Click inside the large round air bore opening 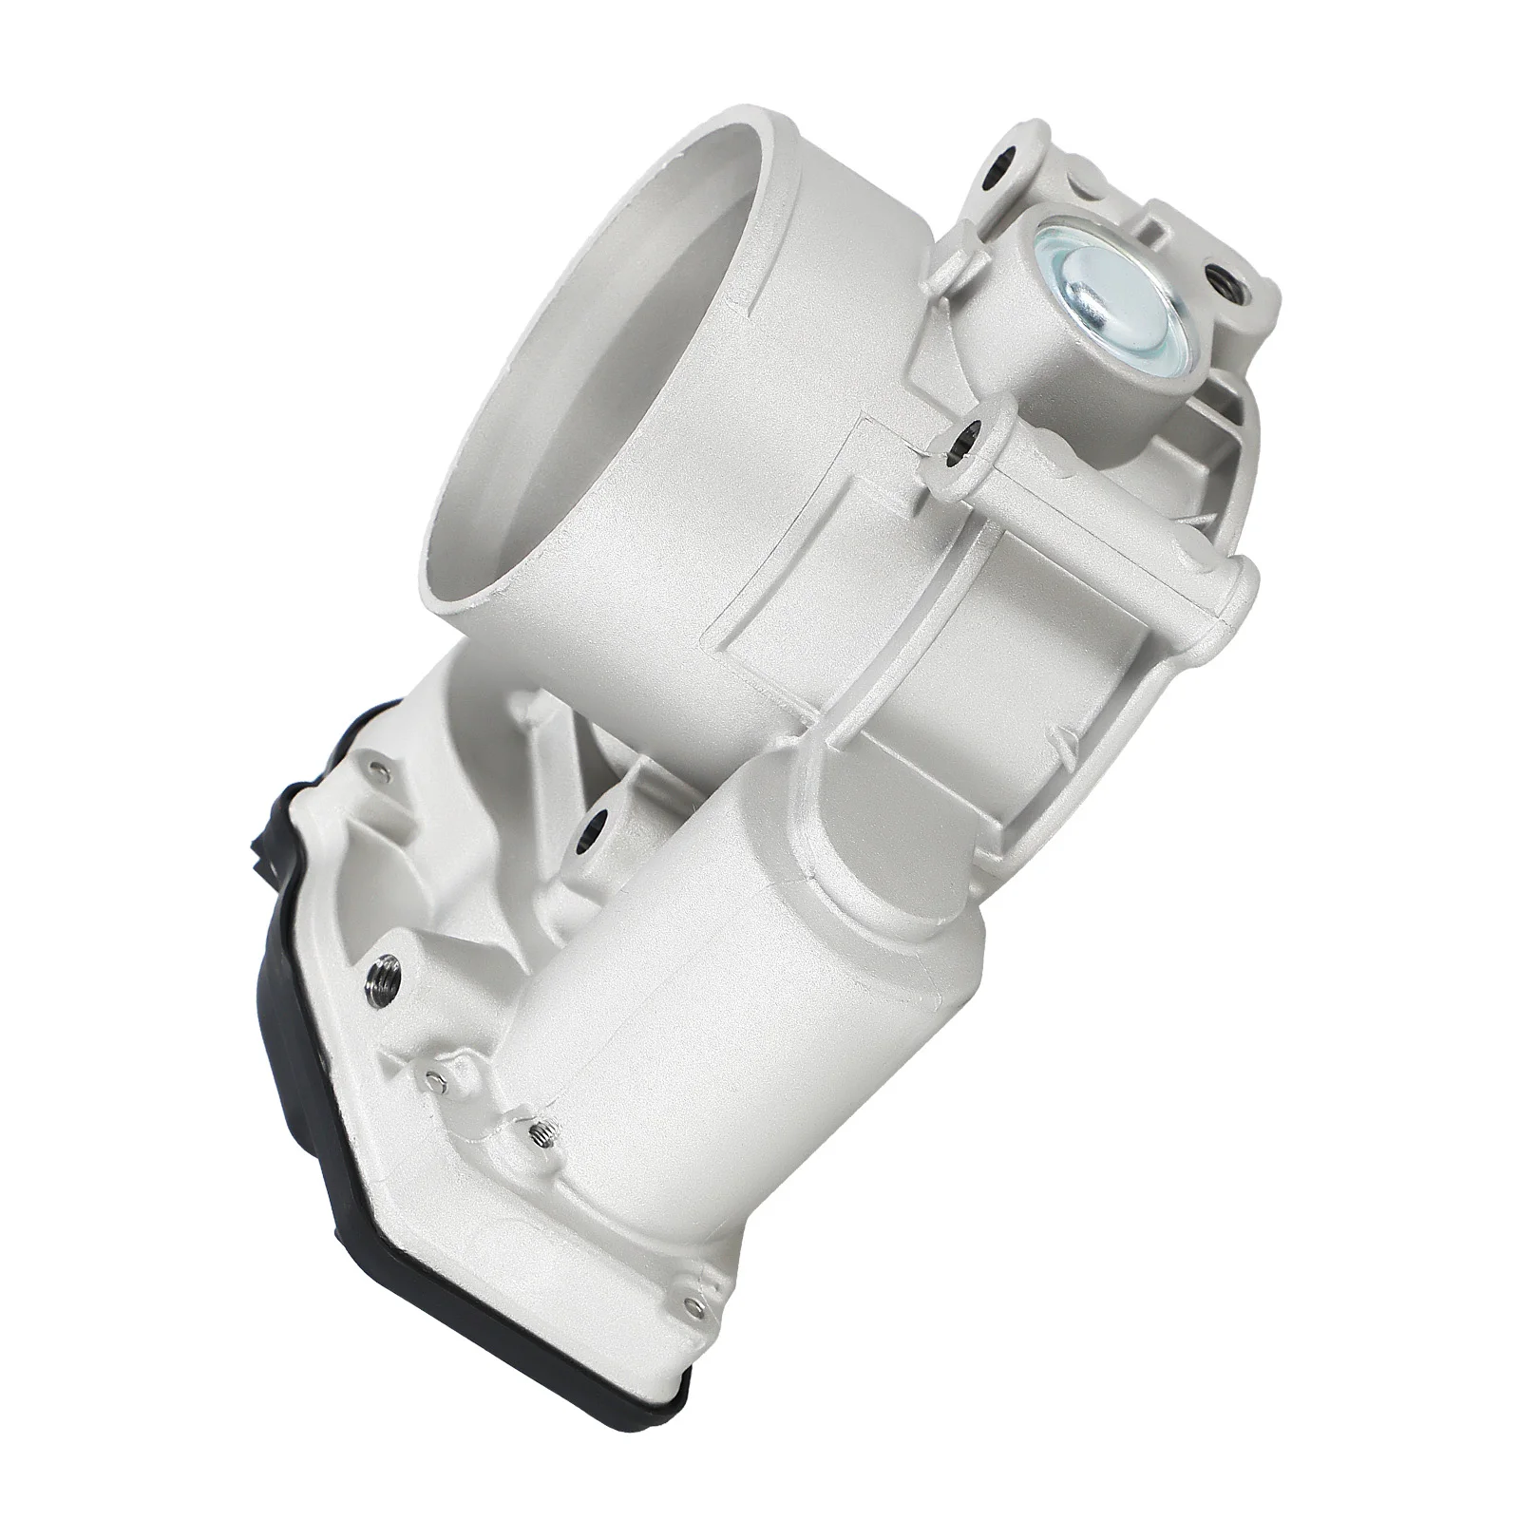(x=608, y=313)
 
